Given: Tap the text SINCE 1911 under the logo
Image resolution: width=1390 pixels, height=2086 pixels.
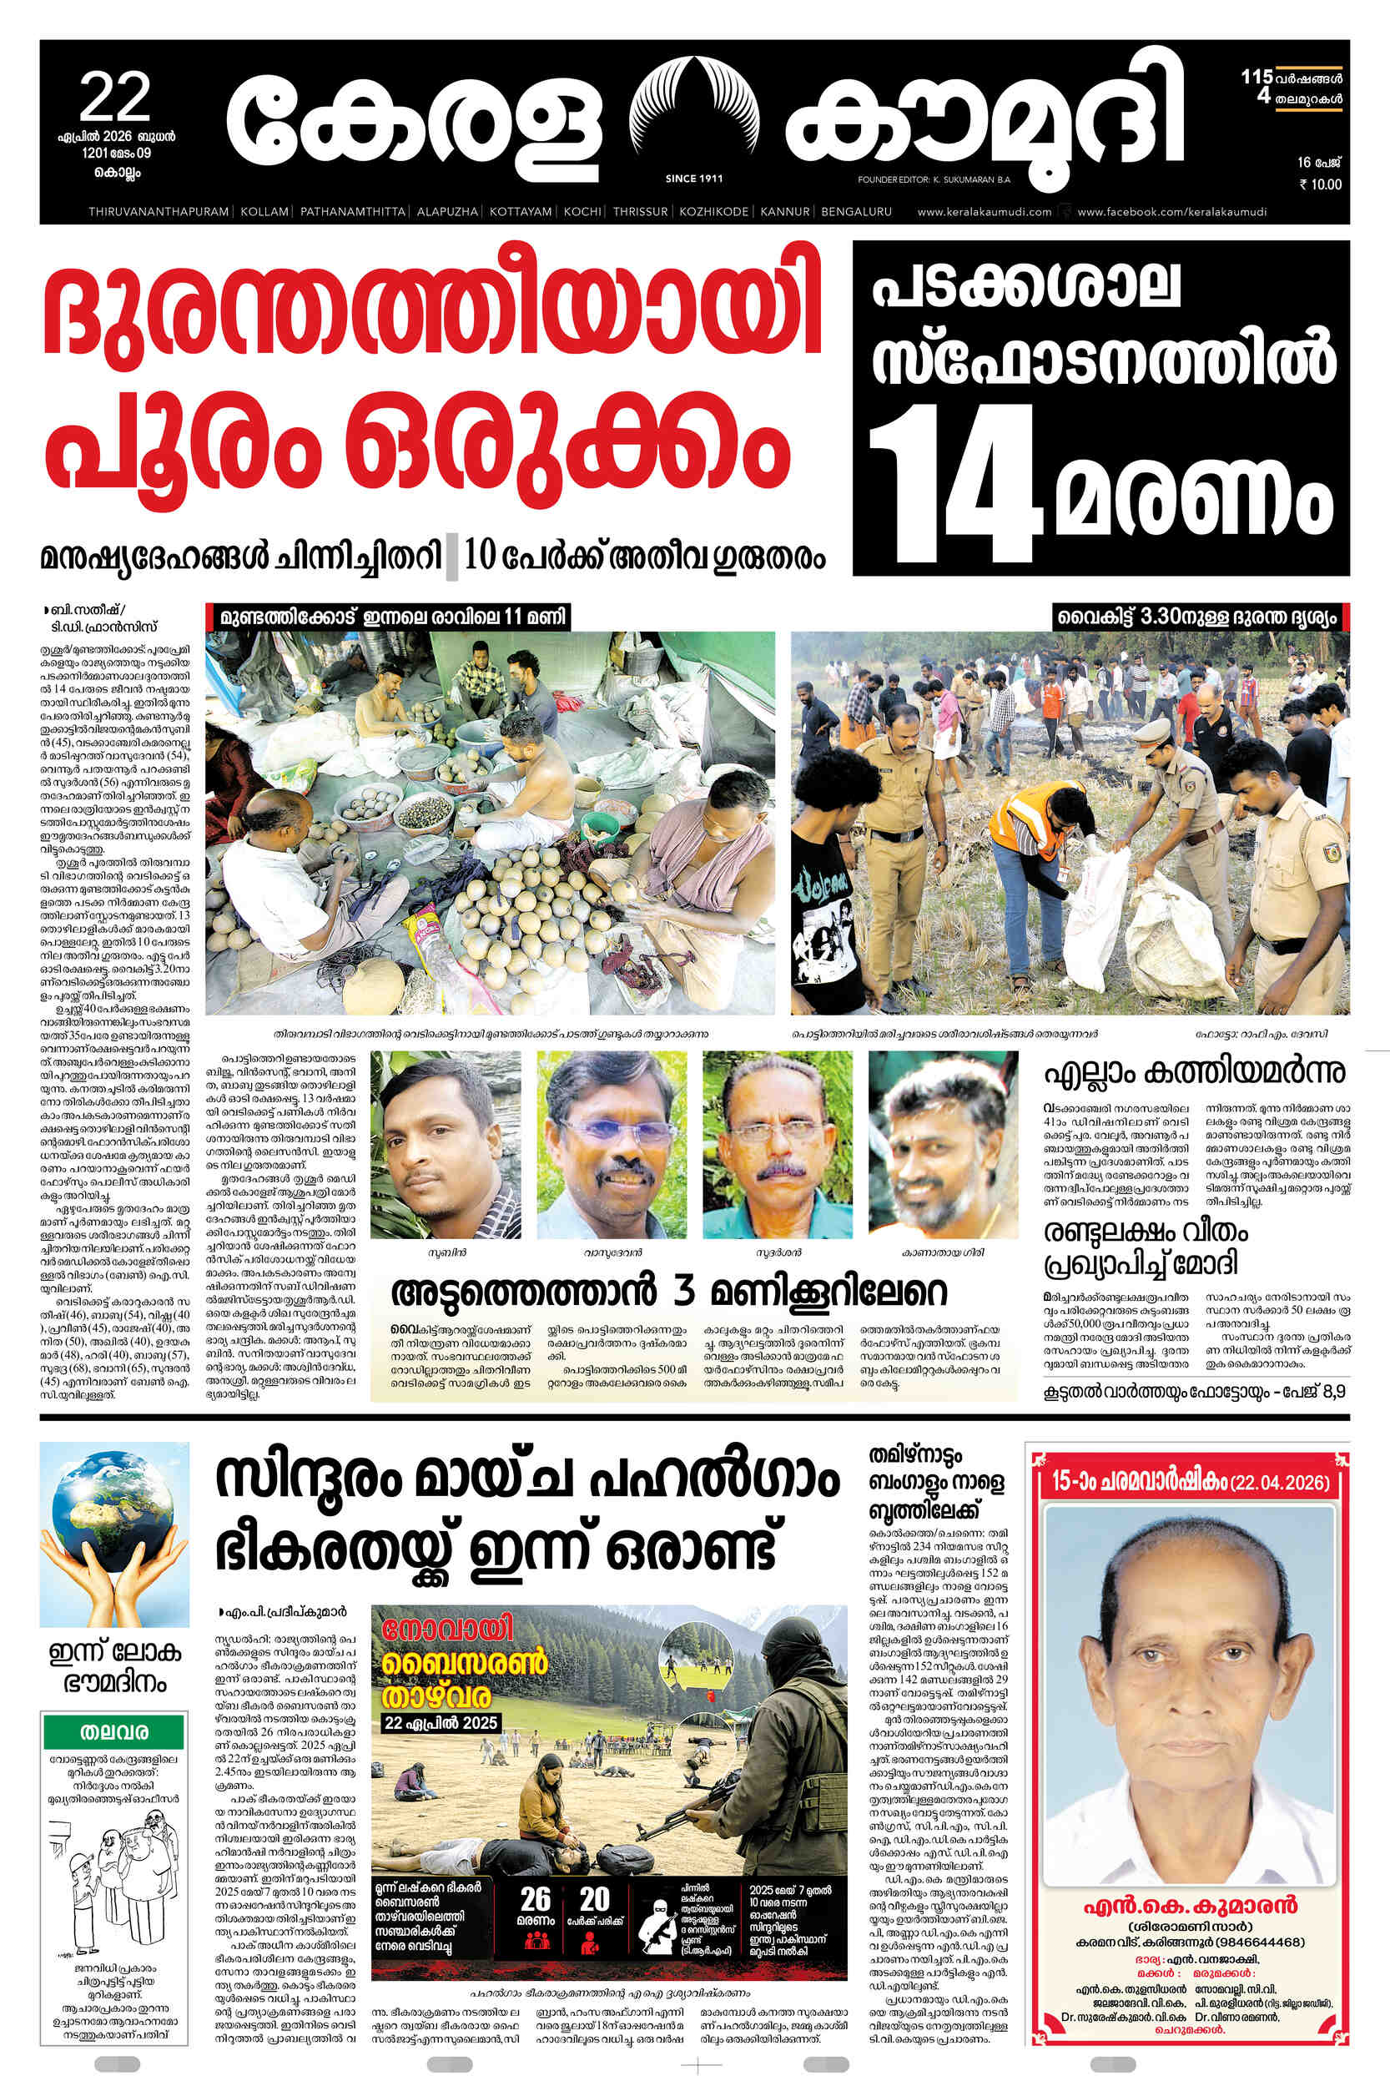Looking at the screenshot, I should point(693,179).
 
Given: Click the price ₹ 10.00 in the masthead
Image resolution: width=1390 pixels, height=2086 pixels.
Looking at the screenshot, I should point(1320,184).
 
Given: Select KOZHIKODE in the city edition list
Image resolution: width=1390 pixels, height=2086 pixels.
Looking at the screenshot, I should point(713,212).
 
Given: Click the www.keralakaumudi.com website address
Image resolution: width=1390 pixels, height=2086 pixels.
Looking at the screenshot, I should point(984,212).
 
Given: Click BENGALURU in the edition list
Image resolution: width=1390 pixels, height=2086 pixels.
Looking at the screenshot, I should point(855,212).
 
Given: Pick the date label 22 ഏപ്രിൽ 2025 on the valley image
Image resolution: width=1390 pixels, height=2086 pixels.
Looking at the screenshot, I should point(441,1723).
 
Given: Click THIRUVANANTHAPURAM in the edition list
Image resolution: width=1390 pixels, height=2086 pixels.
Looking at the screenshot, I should point(159,212).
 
